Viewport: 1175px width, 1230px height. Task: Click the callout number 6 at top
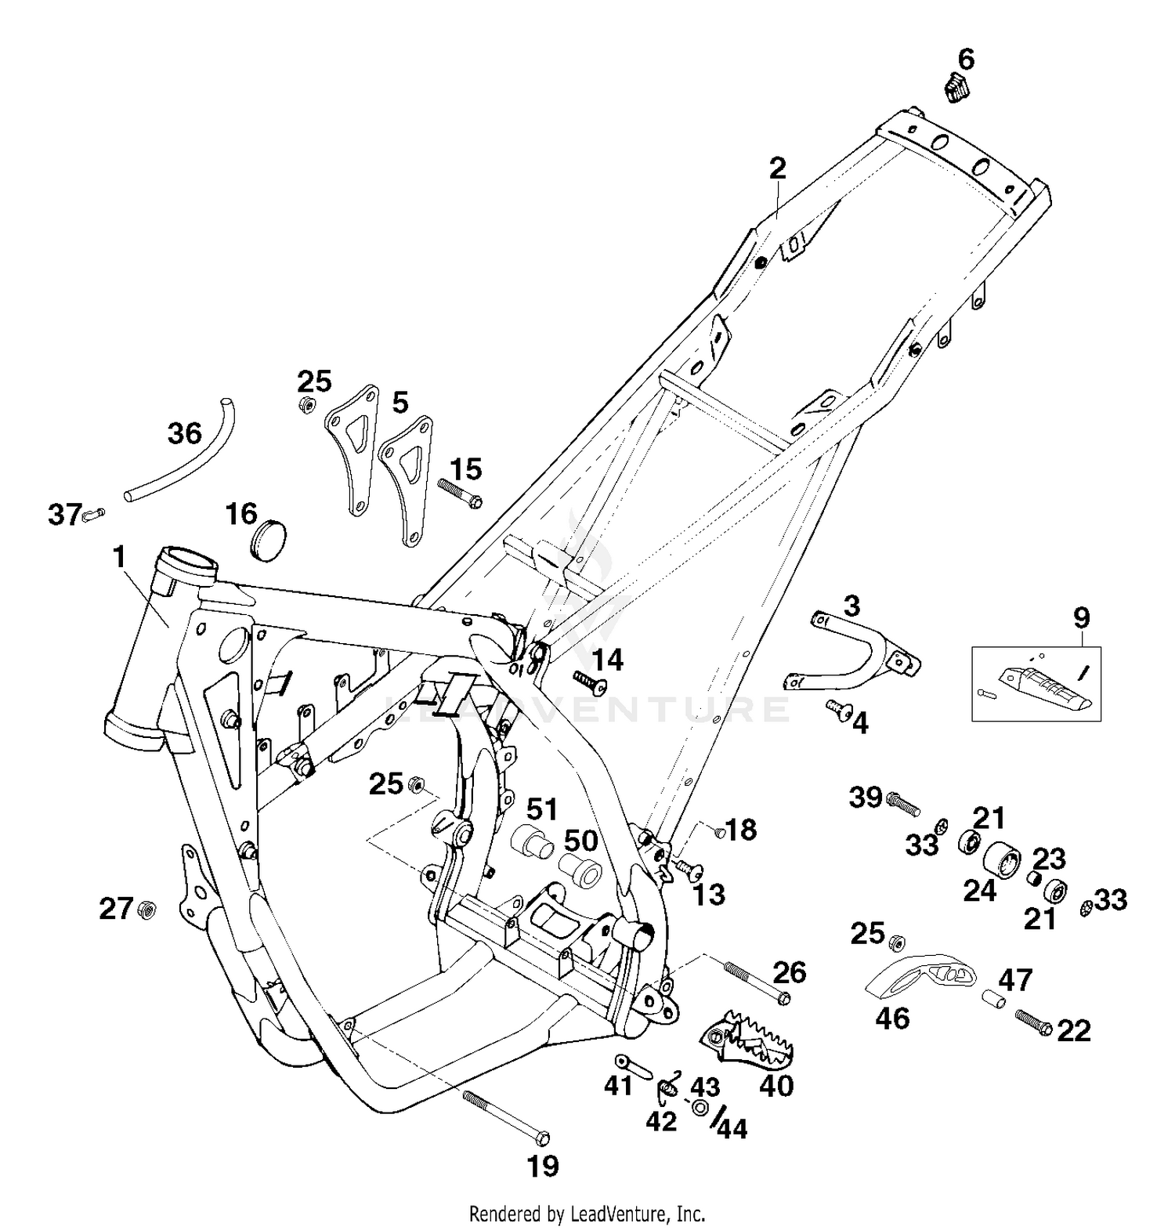(x=966, y=59)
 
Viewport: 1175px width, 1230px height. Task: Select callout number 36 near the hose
(x=185, y=433)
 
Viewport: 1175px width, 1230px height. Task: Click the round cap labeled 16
(x=268, y=539)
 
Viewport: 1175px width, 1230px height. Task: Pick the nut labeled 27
(x=146, y=910)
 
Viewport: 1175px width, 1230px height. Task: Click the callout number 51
(x=541, y=809)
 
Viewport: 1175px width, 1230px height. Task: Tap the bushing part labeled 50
(x=580, y=872)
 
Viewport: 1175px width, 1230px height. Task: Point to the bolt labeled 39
(x=903, y=802)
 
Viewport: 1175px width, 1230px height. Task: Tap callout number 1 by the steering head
(x=119, y=558)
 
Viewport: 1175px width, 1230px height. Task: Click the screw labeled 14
(x=592, y=682)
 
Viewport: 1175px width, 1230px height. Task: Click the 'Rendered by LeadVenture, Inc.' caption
(x=587, y=1214)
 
